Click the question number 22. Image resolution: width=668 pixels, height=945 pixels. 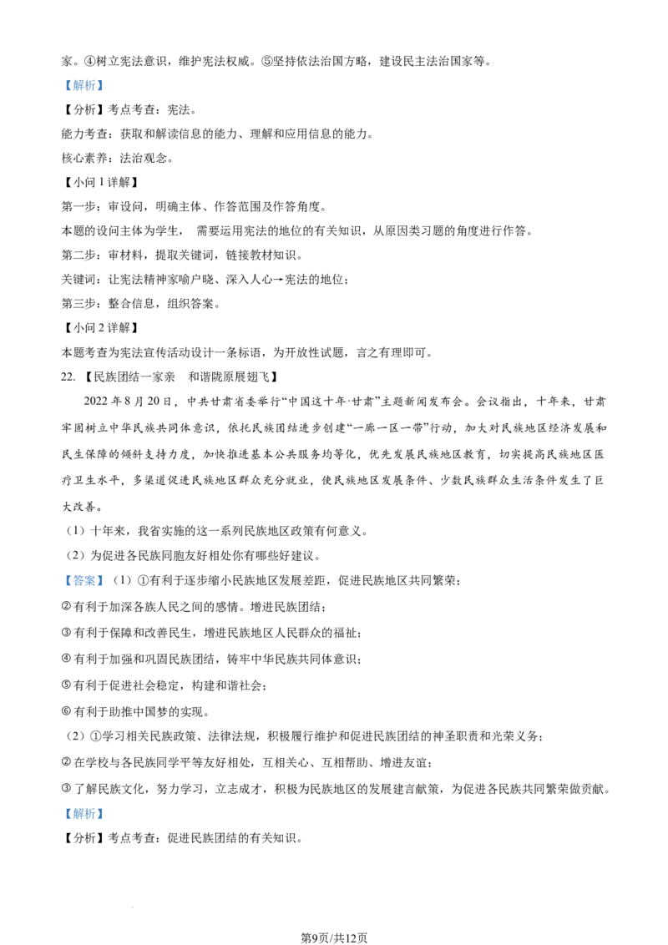(x=68, y=376)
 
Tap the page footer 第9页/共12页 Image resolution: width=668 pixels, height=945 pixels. (x=334, y=937)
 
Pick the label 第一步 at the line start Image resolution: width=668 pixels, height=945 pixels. (x=78, y=206)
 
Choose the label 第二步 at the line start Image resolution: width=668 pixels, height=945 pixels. (x=78, y=255)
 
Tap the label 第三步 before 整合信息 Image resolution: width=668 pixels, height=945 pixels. (x=78, y=303)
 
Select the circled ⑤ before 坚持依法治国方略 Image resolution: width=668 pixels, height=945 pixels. (x=266, y=61)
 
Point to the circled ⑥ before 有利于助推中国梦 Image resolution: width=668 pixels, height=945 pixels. (x=66, y=711)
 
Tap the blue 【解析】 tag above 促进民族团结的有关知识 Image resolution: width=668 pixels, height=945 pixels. (x=83, y=814)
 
